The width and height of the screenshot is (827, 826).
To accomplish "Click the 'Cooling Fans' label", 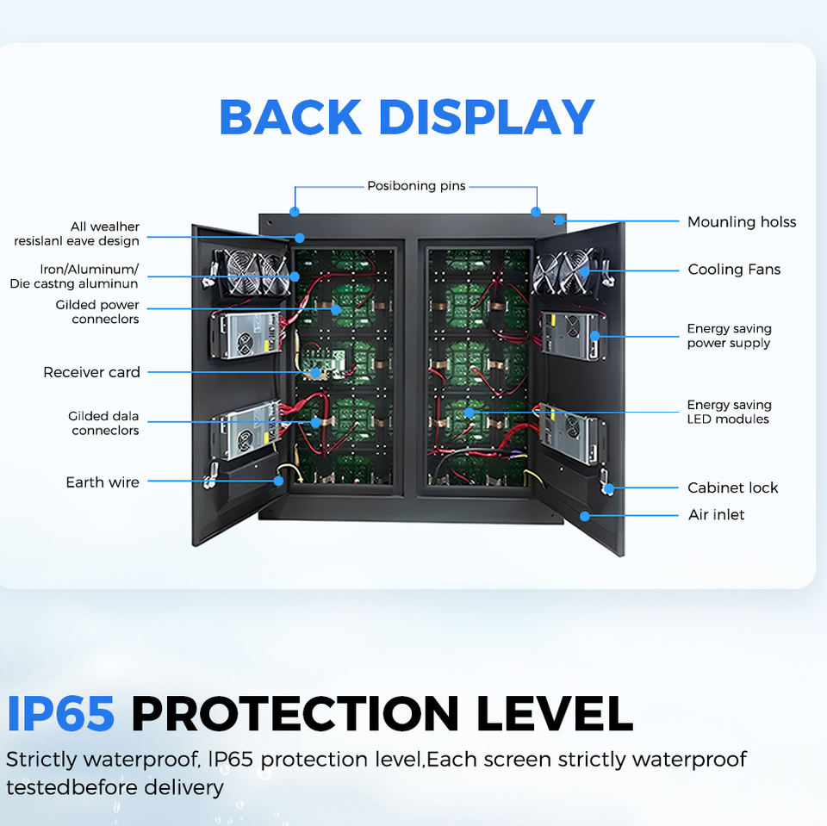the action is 734,270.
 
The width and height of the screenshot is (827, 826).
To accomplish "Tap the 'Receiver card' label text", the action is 92,372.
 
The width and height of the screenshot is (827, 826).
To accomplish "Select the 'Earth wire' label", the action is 103,482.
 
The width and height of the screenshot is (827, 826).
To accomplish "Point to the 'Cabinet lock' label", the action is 732,488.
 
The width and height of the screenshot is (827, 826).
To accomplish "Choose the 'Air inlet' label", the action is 716,515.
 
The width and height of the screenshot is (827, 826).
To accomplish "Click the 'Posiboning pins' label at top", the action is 417,186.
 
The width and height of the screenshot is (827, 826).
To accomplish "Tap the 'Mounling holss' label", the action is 742,222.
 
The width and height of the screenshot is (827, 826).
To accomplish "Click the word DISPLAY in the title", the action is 486,117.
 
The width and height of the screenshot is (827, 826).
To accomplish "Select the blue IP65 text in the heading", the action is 60,714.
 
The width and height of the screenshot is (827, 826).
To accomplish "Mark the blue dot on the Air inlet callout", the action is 584,516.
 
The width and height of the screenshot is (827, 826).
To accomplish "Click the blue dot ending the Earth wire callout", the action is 278,481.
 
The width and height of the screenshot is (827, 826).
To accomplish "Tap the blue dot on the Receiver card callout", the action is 315,373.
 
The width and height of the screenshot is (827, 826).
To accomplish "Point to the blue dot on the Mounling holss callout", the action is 559,220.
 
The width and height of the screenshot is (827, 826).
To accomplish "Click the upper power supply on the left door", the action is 246,335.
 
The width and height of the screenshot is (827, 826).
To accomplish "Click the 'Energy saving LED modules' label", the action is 729,412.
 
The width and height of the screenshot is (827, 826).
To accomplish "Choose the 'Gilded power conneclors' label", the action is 97,312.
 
